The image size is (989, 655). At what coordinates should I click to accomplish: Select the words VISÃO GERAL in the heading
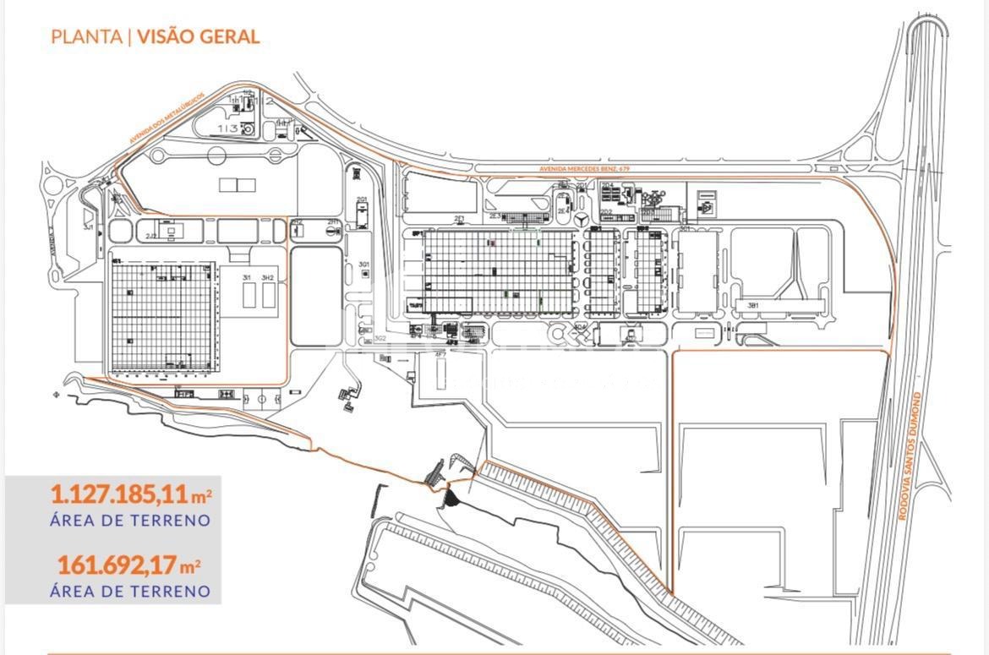[198, 36]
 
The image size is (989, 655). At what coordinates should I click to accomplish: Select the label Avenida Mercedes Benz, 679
[584, 170]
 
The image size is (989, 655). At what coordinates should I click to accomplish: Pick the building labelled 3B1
[751, 304]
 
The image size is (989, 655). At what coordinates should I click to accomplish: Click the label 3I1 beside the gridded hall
[247, 278]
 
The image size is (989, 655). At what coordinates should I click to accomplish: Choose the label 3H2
[268, 278]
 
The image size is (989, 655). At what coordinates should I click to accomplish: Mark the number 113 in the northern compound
[226, 128]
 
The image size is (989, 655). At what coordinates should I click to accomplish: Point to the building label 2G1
[362, 200]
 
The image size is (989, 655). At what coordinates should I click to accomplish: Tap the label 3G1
[364, 265]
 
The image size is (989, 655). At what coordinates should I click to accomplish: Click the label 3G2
[380, 338]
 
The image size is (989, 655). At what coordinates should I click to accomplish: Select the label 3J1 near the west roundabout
[87, 227]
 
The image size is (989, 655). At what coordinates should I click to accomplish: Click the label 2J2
[151, 236]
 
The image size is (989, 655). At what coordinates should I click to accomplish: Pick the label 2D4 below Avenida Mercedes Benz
[607, 185]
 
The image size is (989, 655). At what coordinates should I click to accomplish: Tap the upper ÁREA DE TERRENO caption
[129, 521]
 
